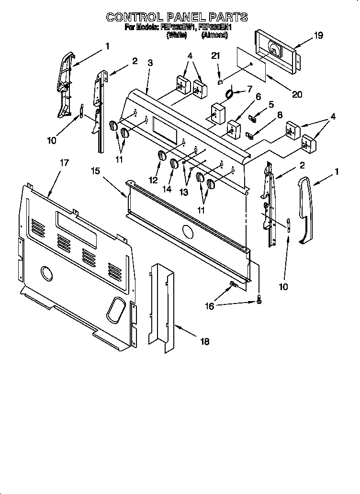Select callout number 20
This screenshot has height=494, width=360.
tap(297, 94)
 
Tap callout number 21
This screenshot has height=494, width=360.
tap(215, 56)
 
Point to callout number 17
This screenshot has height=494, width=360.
tap(64, 163)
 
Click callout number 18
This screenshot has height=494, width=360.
tap(205, 341)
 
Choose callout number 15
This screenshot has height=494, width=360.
tap(96, 171)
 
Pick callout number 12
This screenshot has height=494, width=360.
tap(154, 180)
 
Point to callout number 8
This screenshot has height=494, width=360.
tap(280, 114)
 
